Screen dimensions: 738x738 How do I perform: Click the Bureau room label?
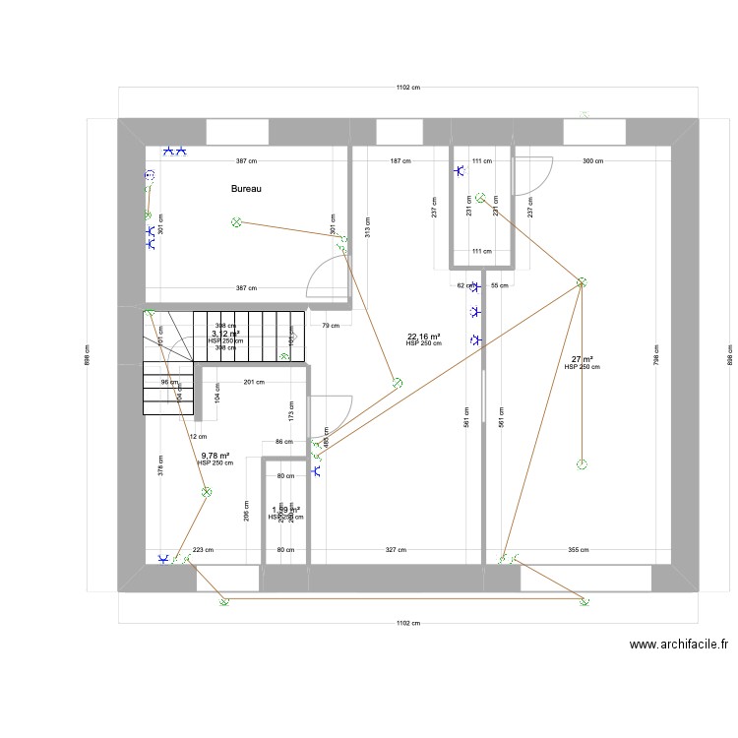click(246, 189)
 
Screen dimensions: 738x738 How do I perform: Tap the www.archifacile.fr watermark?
click(679, 646)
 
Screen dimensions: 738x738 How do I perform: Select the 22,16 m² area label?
click(423, 337)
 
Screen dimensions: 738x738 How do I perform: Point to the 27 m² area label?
click(582, 359)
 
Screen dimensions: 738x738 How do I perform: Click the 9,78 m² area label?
click(215, 456)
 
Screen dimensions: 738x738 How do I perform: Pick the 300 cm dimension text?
click(592, 160)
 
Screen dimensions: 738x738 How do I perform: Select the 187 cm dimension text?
click(400, 160)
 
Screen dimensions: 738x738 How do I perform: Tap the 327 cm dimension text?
click(396, 551)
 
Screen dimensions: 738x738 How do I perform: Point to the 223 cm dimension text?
click(202, 551)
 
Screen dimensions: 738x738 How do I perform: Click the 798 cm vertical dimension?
click(656, 349)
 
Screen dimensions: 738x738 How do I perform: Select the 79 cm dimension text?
click(331, 326)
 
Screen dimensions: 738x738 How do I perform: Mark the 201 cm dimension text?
click(254, 383)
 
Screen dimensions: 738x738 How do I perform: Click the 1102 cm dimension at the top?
click(408, 88)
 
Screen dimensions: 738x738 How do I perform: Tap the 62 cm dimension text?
click(461, 285)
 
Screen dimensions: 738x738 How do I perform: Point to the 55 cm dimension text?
click(499, 285)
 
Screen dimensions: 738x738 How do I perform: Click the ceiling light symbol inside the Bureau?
click(236, 222)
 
